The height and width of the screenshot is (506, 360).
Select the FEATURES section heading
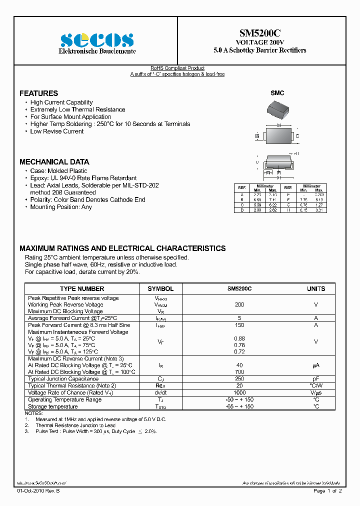pyautogui.click(x=38, y=93)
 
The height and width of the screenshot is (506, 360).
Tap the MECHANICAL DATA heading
pyautogui.click(x=54, y=162)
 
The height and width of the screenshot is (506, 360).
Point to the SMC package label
pyautogui.click(x=277, y=93)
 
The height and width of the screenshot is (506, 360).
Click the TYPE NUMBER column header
pyautogui.click(x=82, y=288)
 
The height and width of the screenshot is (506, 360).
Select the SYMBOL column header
pyautogui.click(x=160, y=288)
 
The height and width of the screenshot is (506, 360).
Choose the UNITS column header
pyautogui.click(x=316, y=288)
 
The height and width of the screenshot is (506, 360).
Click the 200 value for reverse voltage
pyautogui.click(x=239, y=304)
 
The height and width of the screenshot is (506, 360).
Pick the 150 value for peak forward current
pyautogui.click(x=239, y=325)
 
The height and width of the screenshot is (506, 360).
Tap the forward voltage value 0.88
pyautogui.click(x=239, y=338)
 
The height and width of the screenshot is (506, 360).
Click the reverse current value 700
pyautogui.click(x=239, y=372)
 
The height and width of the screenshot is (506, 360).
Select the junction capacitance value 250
pyautogui.click(x=239, y=379)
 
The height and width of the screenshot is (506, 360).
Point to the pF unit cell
pyautogui.click(x=316, y=379)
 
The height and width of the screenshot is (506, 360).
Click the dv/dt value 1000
pyautogui.click(x=239, y=392)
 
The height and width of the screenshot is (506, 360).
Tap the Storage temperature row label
pyautogui.click(x=52, y=406)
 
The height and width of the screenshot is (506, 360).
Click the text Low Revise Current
pyautogui.click(x=57, y=131)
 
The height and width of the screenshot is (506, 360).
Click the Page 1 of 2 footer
pyautogui.click(x=327, y=491)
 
